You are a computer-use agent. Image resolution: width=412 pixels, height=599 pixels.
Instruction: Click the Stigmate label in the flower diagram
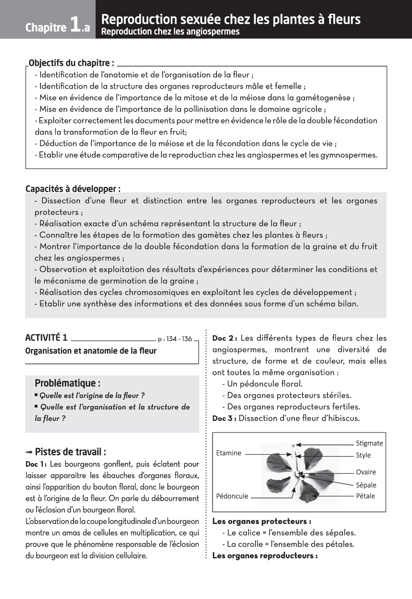pyautogui.click(x=369, y=443)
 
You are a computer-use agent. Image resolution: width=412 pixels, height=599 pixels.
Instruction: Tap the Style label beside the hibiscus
pyautogui.click(x=363, y=455)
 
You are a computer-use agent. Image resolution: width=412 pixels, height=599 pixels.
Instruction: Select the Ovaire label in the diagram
pyautogui.click(x=365, y=472)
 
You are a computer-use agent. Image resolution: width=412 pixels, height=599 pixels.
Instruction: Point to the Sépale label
pyautogui.click(x=365, y=485)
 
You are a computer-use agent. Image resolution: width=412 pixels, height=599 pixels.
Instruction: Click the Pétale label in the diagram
pyautogui.click(x=365, y=496)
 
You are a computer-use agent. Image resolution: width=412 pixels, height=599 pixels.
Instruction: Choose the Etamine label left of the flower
pyautogui.click(x=228, y=453)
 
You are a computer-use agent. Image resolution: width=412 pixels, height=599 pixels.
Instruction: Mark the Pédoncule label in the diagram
pyautogui.click(x=232, y=496)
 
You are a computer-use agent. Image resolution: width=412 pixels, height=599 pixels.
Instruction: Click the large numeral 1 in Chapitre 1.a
pyautogui.click(x=75, y=25)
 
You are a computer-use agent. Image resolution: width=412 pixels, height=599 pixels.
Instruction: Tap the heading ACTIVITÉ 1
pyautogui.click(x=46, y=337)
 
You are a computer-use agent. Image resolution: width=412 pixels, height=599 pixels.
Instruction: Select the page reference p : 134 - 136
pyautogui.click(x=175, y=339)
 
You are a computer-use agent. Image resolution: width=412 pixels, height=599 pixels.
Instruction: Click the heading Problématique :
pyautogui.click(x=67, y=383)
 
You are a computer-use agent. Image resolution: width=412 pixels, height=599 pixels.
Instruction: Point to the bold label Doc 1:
pyautogui.click(x=36, y=464)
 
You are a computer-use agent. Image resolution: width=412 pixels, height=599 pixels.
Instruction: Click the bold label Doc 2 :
pyautogui.click(x=225, y=338)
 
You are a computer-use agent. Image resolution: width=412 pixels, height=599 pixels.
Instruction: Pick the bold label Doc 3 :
pyautogui.click(x=224, y=418)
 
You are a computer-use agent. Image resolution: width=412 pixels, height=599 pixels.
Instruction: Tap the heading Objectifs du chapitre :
pyautogui.click(x=71, y=63)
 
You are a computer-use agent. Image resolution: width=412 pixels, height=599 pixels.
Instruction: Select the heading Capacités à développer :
pyautogui.click(x=73, y=189)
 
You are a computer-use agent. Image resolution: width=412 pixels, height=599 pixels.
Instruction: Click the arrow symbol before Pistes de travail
pyautogui.click(x=29, y=452)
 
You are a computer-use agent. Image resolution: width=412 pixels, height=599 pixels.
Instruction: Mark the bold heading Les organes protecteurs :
pyautogui.click(x=261, y=521)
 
